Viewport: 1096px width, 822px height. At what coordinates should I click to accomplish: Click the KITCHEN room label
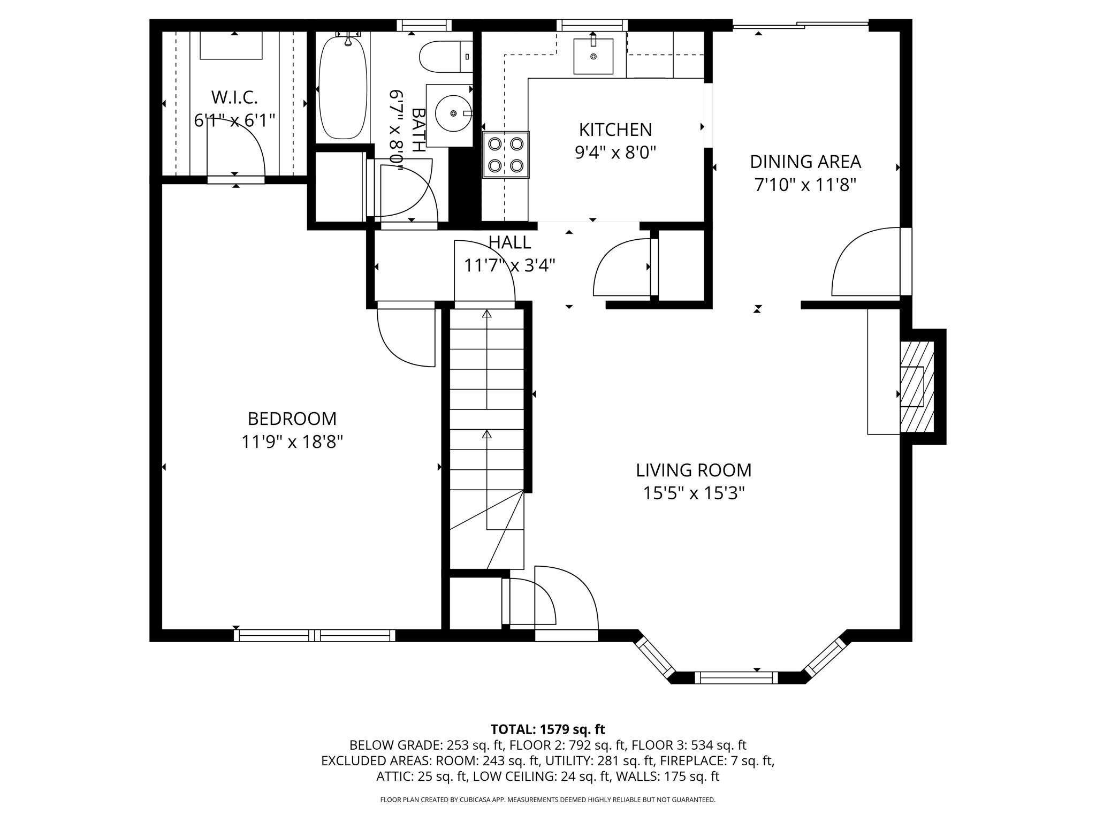coord(615,130)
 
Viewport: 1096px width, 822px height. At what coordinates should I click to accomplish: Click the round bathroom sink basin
coord(453,113)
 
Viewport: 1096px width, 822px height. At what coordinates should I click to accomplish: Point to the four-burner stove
coord(506,155)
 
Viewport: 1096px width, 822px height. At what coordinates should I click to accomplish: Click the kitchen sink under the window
coord(593,56)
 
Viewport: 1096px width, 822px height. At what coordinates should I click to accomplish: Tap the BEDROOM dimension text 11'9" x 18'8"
coord(292,442)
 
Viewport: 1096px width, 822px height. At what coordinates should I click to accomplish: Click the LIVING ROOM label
coord(694,470)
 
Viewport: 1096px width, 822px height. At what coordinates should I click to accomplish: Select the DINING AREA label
coord(805,162)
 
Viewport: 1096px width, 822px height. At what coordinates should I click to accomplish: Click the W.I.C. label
coord(234,97)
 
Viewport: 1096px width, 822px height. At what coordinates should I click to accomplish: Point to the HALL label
coord(509,242)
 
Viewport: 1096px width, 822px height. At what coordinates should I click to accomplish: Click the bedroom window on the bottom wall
coord(315,635)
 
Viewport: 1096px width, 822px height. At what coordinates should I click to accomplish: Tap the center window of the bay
coord(736,678)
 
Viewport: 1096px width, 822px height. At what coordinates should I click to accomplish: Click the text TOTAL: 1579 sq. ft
coord(547,729)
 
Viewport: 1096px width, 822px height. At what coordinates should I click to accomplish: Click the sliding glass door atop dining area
coord(800,25)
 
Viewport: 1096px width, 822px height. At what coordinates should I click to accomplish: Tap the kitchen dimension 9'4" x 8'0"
coord(615,154)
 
